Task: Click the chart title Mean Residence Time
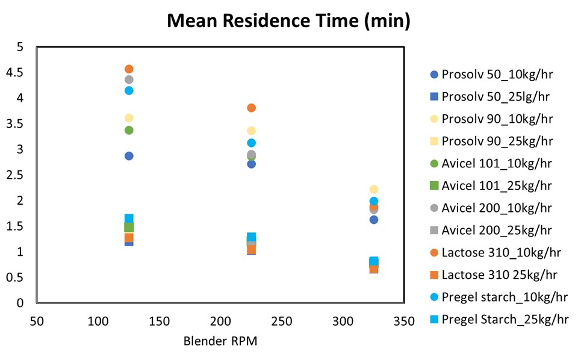[x=288, y=22]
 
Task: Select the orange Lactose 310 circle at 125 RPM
[x=129, y=69]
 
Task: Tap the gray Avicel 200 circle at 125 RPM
[x=129, y=79]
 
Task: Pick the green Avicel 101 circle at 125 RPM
[x=129, y=130]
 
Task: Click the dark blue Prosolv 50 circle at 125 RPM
[x=129, y=156]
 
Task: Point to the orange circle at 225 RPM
[x=252, y=108]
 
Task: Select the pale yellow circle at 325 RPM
[x=374, y=190]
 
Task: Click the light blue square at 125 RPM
[x=129, y=219]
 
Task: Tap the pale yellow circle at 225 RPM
[x=252, y=131]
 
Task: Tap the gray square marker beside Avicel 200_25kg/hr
[x=433, y=230]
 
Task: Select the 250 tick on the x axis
[x=282, y=321]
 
